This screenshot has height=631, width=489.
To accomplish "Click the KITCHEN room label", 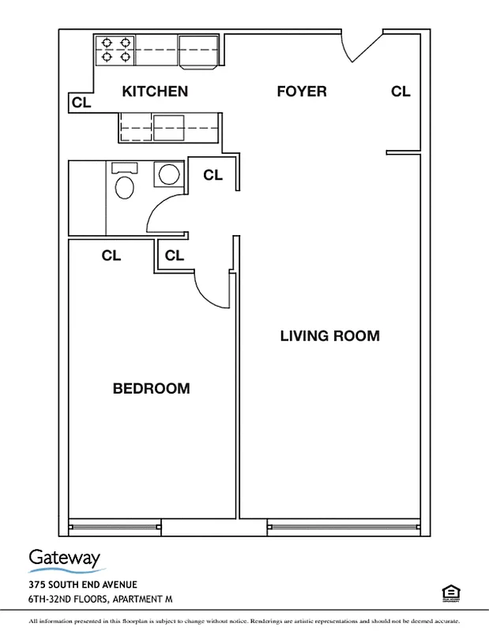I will pos(155,91).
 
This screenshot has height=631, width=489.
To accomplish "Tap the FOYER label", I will pos(301,91).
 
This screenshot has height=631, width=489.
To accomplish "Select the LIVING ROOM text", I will pos(329,336).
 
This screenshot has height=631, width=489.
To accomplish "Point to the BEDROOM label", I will pos(151,389).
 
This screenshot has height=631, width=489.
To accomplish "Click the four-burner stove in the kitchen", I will pos(115,50).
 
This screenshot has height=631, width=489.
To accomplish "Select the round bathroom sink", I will pos(167,174).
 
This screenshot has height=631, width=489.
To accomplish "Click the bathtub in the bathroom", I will pos(87,197).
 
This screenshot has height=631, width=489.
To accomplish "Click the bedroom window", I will pos(115,527).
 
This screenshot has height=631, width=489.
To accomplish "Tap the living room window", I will pos(343,527).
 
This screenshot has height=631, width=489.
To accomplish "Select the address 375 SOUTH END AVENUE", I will pos(83,584).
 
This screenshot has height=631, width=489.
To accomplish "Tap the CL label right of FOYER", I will pos(401,91).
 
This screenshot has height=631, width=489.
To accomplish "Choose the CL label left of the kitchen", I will pos(81,103).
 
